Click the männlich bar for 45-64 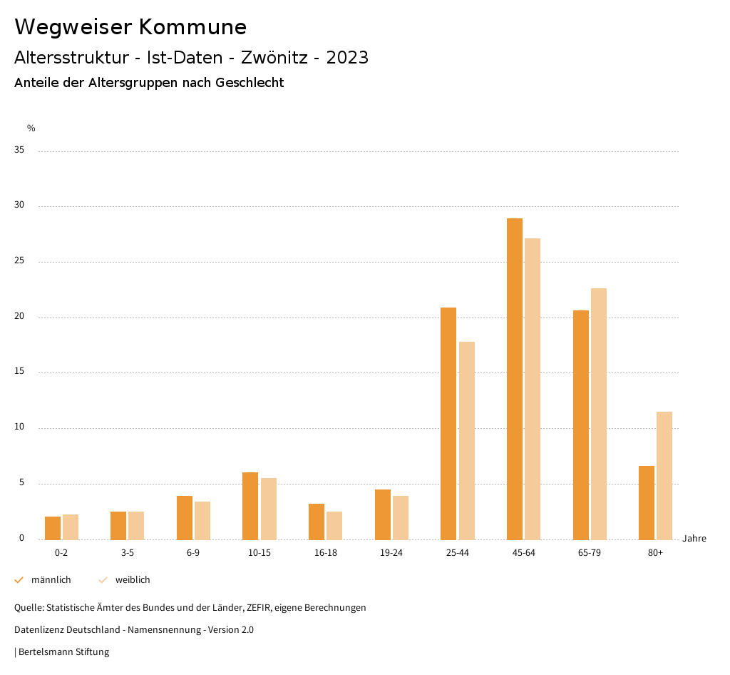click(x=515, y=379)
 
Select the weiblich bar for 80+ click(x=664, y=475)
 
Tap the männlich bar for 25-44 click(x=448, y=423)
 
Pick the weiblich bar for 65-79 click(x=599, y=414)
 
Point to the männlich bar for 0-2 click(x=53, y=528)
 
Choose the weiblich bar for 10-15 click(x=269, y=509)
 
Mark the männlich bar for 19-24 click(x=383, y=514)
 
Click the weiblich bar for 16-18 click(x=334, y=525)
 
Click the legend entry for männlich click(x=51, y=580)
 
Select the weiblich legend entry click(x=133, y=580)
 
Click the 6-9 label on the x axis click(x=193, y=554)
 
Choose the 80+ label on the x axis click(x=656, y=554)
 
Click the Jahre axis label click(x=694, y=539)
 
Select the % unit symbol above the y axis click(x=31, y=128)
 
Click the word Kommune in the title click(x=192, y=27)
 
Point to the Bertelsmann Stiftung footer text click(x=63, y=652)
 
